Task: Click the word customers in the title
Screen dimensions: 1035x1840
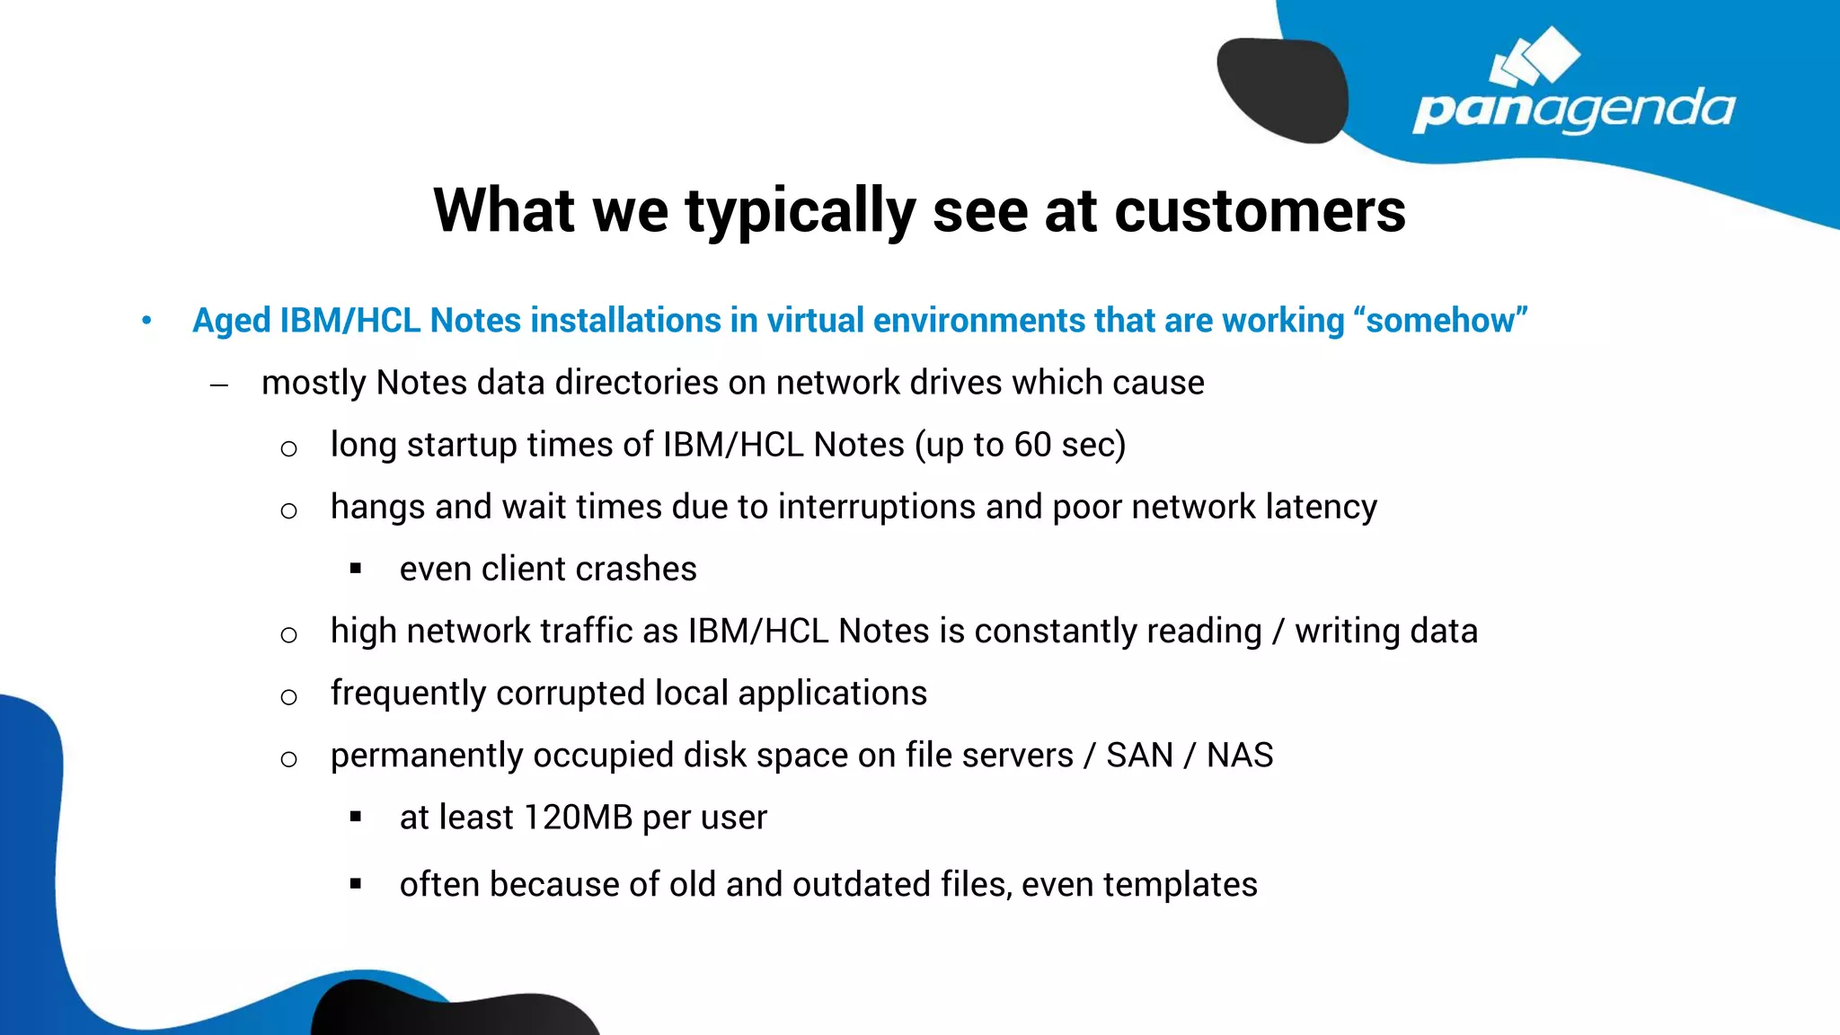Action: [x=1260, y=211]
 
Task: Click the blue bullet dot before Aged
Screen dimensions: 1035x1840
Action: [x=146, y=321]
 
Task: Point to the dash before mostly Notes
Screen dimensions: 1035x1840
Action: [x=219, y=385]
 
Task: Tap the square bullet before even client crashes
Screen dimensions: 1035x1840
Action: [x=356, y=569]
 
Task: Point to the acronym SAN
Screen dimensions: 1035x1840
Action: [x=1139, y=756]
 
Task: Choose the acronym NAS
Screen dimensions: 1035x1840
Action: [x=1239, y=756]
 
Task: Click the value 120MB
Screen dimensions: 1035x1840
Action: [x=578, y=818]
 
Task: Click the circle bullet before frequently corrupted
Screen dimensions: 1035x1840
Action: [x=288, y=696]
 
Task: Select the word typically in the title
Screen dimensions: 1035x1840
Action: [x=800, y=211]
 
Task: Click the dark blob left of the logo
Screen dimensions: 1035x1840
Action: [x=1282, y=88]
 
